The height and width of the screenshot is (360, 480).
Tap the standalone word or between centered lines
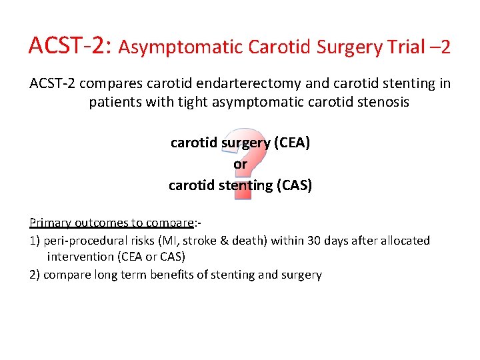click(240, 164)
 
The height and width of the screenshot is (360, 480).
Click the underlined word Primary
click(51, 222)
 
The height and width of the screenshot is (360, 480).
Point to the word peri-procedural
click(85, 240)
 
